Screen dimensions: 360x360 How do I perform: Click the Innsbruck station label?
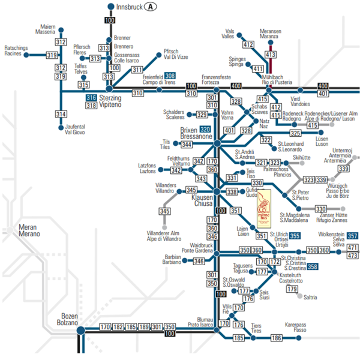click(128, 7)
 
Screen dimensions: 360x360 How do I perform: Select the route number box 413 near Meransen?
click(270, 55)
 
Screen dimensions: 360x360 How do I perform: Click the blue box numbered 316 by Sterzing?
click(91, 98)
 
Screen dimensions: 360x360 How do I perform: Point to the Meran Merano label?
click(28, 230)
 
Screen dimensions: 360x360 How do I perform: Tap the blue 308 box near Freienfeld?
click(170, 76)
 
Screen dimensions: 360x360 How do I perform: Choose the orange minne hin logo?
click(264, 206)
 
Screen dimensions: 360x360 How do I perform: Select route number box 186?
click(276, 338)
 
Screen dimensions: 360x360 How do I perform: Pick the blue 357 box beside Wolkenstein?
click(353, 235)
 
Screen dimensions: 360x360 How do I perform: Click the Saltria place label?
click(311, 297)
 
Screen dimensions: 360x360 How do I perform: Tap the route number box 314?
click(61, 114)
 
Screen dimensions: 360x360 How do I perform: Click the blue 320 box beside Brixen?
click(205, 129)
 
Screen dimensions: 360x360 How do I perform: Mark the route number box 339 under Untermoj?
click(343, 169)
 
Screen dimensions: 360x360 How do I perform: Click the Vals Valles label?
click(228, 34)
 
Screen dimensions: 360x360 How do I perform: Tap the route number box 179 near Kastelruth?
click(292, 289)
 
